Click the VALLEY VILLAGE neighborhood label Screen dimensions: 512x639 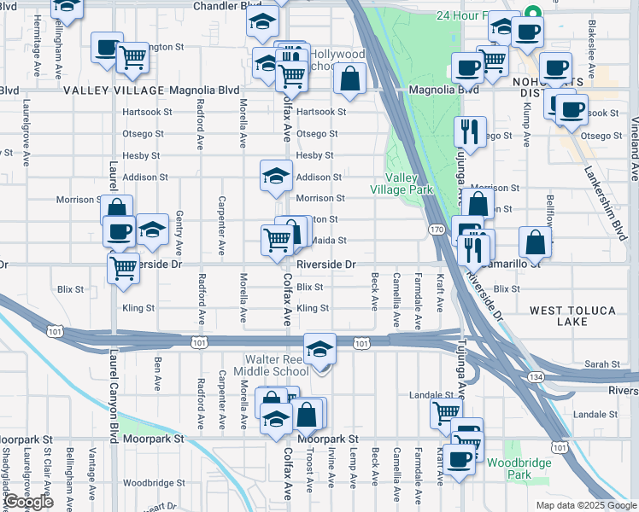(x=113, y=90)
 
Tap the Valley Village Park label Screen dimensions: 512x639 (x=401, y=183)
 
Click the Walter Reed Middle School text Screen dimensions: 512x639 (x=277, y=365)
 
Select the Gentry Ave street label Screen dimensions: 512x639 (x=179, y=233)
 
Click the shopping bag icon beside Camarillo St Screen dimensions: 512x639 (x=534, y=242)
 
